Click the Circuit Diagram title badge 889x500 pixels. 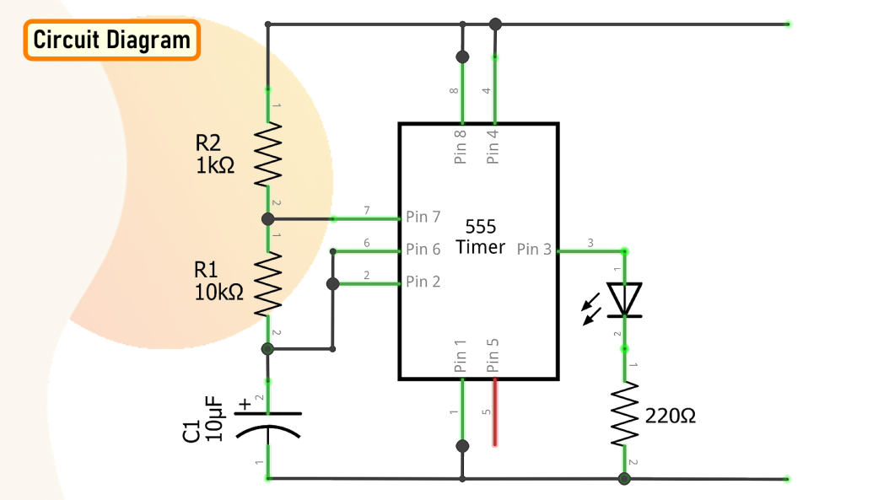pyautogui.click(x=111, y=40)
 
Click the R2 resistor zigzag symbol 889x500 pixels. pyautogui.click(x=268, y=154)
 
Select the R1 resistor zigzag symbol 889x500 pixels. pyautogui.click(x=268, y=284)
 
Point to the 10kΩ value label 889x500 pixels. pyautogui.click(x=218, y=293)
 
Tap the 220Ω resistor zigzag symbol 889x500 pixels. pyautogui.click(x=624, y=414)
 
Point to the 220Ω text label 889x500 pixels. pyautogui.click(x=671, y=416)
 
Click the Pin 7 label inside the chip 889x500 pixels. pyautogui.click(x=423, y=217)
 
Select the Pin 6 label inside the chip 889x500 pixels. pyautogui.click(x=423, y=250)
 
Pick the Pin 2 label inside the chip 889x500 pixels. pyautogui.click(x=423, y=282)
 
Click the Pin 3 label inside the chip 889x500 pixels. pyautogui.click(x=534, y=250)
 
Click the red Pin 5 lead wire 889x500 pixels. pyautogui.click(x=494, y=412)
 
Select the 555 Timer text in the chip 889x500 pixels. pyautogui.click(x=481, y=237)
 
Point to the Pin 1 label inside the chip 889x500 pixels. pyautogui.click(x=461, y=356)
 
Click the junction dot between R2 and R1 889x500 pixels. pyautogui.click(x=268, y=219)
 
